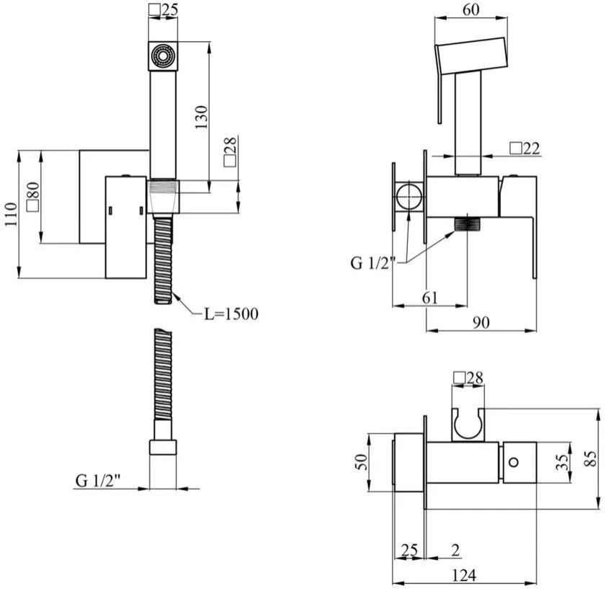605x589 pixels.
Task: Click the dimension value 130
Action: tap(201, 117)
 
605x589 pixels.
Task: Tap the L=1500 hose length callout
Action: tap(231, 314)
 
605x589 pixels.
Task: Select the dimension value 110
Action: tap(12, 214)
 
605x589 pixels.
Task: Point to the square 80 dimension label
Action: tap(33, 197)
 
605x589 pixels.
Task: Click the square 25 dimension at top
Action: tap(163, 10)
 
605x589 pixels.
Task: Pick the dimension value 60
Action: tap(471, 10)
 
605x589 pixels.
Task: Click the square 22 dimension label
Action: tap(525, 149)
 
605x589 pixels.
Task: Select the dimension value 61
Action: tap(430, 298)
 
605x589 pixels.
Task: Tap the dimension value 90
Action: tap(481, 322)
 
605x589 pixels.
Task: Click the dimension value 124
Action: tap(464, 575)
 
